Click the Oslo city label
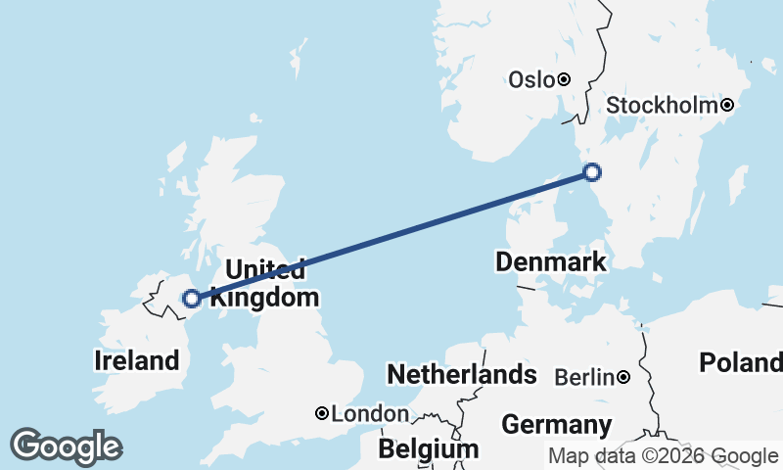531,80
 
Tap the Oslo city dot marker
565,79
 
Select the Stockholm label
663,105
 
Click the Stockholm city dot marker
727,105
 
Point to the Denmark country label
551,262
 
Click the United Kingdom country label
265,283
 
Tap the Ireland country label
137,359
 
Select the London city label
370,414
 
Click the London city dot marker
321,413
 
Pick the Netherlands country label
462,374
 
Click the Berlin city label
584,377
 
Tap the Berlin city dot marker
623,377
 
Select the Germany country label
556,425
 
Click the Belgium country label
429,448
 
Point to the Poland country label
740,363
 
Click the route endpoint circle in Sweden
592,173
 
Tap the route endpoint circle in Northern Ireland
192,299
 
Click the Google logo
66,446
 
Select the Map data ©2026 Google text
663,456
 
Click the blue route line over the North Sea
411,229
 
